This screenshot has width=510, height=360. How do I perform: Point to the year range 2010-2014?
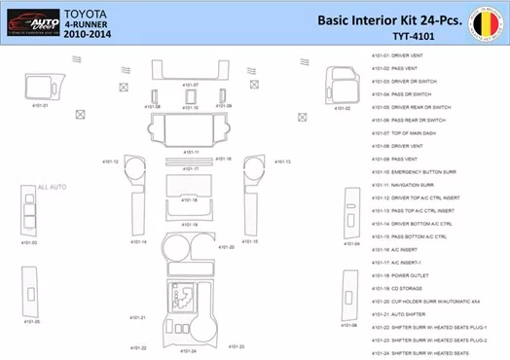90,34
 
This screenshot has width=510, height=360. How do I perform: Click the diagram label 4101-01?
39,105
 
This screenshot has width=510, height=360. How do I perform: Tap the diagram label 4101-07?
190,85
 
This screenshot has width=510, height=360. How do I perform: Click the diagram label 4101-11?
191,152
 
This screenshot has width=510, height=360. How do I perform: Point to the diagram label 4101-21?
136,317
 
